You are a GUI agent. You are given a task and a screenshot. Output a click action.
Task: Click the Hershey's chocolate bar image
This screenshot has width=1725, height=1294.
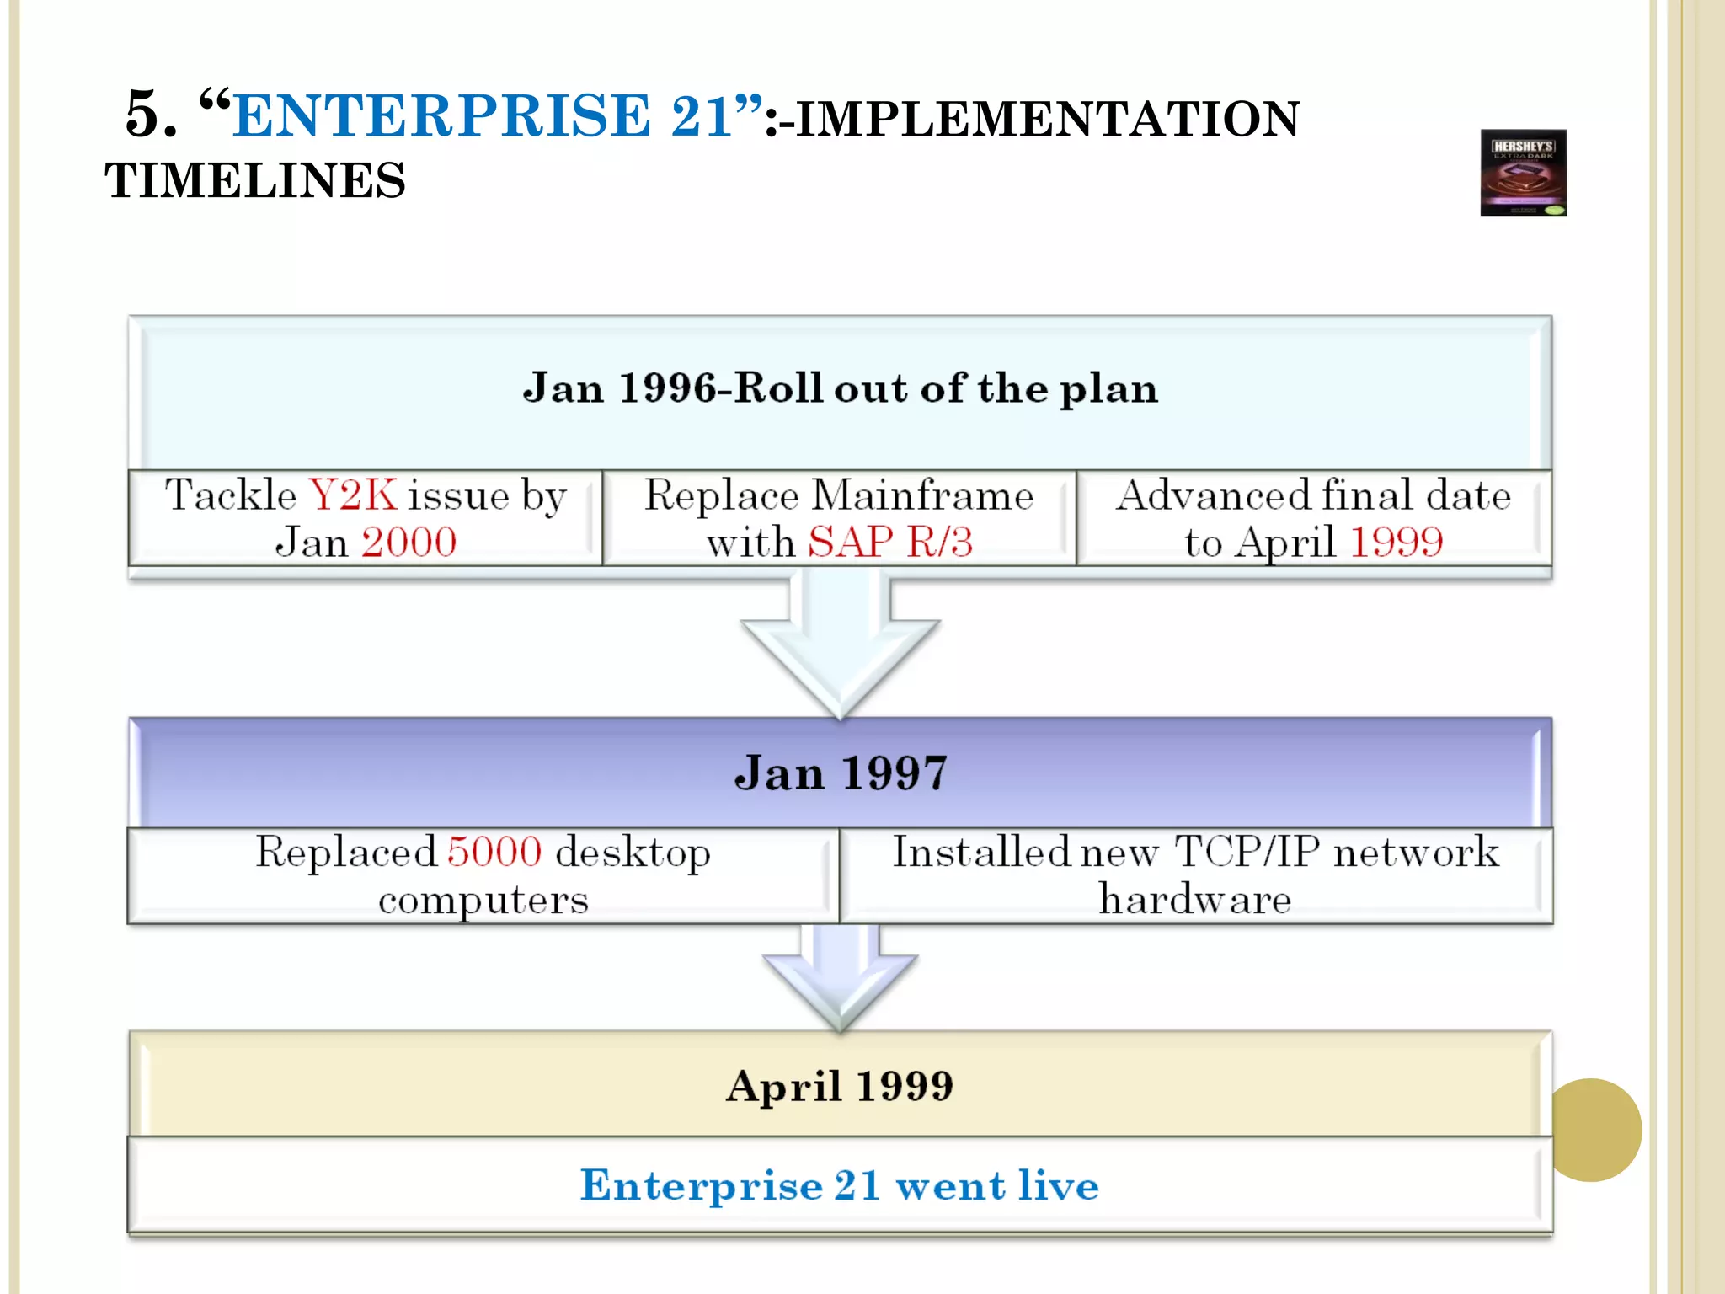coord(1523,173)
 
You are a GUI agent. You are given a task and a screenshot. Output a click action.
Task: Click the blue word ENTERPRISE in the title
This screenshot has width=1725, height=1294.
coord(441,115)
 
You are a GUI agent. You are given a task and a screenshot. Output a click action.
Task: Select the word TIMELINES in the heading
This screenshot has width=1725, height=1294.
coord(254,181)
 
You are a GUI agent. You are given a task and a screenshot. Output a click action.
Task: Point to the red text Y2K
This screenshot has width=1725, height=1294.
coord(353,495)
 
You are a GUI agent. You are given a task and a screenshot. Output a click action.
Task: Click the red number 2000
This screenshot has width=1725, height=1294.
coord(409,542)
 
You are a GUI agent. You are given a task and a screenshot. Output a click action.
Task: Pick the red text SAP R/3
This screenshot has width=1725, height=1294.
coord(890,542)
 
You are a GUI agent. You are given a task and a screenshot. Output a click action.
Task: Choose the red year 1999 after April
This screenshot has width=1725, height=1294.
coord(1397,542)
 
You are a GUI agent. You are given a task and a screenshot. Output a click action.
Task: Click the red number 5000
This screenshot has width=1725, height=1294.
coord(494,852)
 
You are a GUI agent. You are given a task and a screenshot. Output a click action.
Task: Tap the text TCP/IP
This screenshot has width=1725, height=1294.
coord(1247,852)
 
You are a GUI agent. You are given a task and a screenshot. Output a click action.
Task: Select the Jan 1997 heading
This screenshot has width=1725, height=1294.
coord(841,773)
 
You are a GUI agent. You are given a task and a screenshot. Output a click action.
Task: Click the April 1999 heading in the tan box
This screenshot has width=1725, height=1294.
coord(840,1086)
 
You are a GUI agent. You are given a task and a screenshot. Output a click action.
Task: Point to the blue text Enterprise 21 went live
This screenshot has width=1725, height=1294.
coord(840,1185)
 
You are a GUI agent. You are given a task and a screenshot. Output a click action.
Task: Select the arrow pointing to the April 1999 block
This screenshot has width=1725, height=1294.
coord(840,977)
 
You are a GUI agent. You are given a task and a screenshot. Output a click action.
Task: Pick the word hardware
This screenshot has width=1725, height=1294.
coord(1195,899)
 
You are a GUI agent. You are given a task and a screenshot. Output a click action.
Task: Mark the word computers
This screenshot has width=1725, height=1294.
coord(483,900)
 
